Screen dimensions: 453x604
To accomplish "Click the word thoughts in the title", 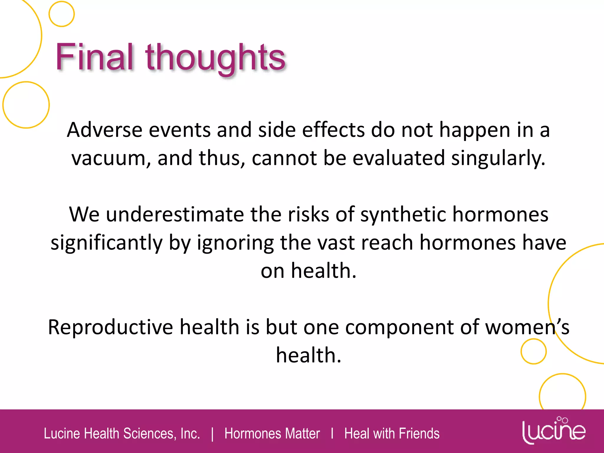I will tap(215, 58).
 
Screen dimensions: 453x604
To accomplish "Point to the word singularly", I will tap(498, 159).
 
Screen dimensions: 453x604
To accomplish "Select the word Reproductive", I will tap(111, 327).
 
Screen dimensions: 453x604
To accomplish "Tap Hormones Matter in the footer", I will tap(272, 434).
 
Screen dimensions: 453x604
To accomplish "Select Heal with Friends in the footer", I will tap(392, 434).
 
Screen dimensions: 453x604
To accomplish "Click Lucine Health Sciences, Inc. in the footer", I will tap(122, 434).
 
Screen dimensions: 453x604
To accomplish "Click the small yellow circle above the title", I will tap(61, 14).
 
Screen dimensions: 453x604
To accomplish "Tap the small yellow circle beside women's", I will tap(533, 351).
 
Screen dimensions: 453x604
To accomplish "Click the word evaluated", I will tap(398, 158).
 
